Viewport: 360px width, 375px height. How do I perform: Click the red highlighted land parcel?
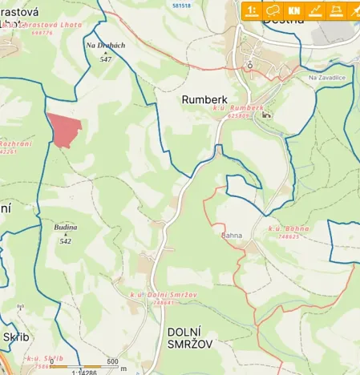(x=64, y=129)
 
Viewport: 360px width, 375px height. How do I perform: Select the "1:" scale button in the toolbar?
(x=252, y=10)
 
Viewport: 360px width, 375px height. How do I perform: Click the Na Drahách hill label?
(x=105, y=46)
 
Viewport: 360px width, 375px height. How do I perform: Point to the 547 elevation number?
(x=105, y=59)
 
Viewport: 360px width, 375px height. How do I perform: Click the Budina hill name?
(x=66, y=228)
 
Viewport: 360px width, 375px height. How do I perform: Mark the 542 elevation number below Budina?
(x=66, y=240)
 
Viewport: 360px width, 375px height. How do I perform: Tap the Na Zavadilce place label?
(x=325, y=78)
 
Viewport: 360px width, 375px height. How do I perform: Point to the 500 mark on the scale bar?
(x=112, y=361)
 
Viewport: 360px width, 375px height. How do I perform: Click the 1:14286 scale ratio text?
(x=84, y=371)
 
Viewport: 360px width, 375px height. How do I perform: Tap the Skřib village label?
(x=16, y=337)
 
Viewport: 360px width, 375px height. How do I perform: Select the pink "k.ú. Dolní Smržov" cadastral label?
(x=152, y=295)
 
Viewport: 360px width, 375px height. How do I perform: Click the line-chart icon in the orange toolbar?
(x=315, y=10)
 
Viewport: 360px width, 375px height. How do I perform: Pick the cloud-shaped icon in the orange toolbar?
(x=273, y=10)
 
